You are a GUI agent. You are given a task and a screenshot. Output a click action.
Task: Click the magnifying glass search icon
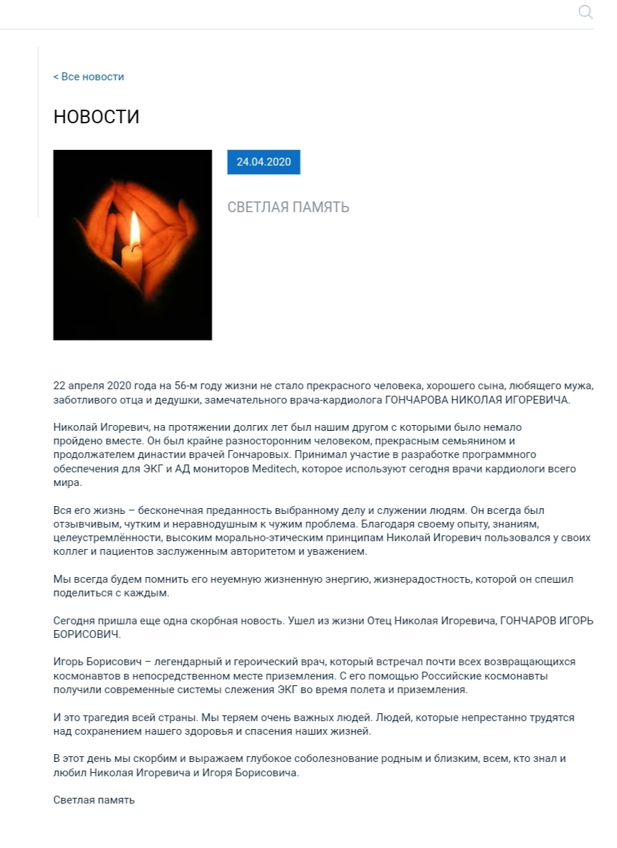[x=585, y=11]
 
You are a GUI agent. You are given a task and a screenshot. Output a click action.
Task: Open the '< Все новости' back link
[x=88, y=77]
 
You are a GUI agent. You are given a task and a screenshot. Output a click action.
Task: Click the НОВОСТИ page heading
[x=96, y=117]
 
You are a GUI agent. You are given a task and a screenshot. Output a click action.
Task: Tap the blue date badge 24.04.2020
[x=264, y=162]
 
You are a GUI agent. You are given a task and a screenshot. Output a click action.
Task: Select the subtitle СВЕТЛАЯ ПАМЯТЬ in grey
[x=288, y=208]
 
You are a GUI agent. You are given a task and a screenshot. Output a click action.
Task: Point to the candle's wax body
[x=132, y=265]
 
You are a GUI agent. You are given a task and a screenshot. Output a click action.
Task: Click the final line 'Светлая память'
[x=94, y=799]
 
